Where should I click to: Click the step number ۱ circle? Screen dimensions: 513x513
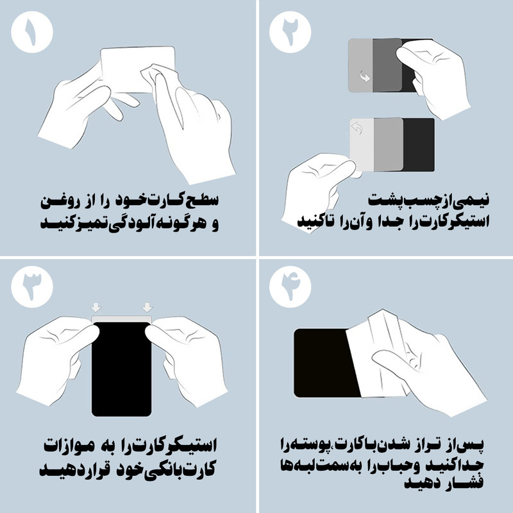click(32, 32)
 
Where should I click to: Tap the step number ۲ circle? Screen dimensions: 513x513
click(290, 32)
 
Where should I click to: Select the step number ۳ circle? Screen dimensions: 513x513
click(32, 287)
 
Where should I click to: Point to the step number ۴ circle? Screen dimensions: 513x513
click(290, 287)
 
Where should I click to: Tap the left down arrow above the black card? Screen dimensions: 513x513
click(96, 307)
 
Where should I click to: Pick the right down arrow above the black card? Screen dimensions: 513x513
click(147, 307)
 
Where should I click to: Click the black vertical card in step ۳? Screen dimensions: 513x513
click(121, 369)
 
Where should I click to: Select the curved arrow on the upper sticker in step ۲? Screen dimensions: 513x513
click(365, 77)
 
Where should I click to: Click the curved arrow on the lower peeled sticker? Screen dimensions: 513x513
click(357, 128)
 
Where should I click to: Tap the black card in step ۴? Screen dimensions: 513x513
click(324, 363)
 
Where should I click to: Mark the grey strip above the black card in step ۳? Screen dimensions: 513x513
click(121, 319)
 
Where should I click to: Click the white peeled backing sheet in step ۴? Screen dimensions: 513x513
click(376, 357)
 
